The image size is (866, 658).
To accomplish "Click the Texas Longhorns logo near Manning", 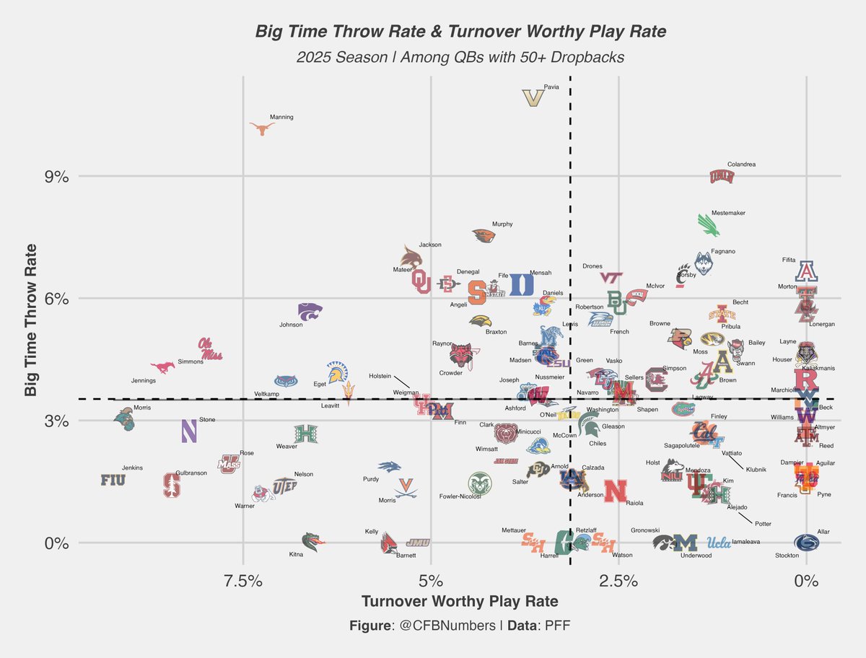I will [262, 128].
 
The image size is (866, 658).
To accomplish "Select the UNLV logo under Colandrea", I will [721, 176].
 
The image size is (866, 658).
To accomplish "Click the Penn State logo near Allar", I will [806, 543].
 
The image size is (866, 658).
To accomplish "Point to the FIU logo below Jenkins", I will [113, 480].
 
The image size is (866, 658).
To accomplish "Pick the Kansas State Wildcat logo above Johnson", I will [310, 311].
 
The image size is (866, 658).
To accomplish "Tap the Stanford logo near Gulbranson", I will [172, 485].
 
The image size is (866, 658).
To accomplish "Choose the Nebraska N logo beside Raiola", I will [615, 491].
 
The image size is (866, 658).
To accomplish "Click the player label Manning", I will [281, 117].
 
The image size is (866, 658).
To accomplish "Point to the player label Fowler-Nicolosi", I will [460, 496].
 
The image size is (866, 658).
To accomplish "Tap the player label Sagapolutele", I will [687, 446].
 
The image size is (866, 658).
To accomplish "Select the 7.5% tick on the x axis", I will [242, 581].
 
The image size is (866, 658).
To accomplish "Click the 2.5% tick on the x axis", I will [618, 581].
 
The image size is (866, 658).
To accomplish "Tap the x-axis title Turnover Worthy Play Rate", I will [459, 602].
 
